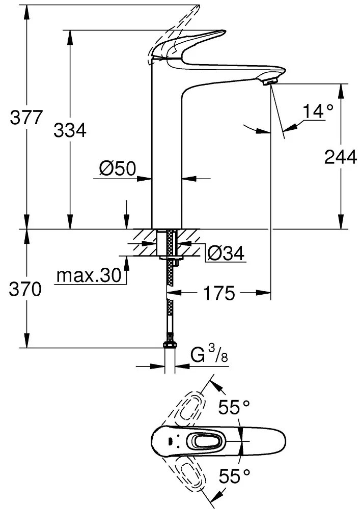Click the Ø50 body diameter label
[x=118, y=169]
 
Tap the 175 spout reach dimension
[x=219, y=293]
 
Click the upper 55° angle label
[x=234, y=407]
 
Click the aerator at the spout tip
[x=270, y=79]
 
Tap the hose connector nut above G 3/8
[x=170, y=345]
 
